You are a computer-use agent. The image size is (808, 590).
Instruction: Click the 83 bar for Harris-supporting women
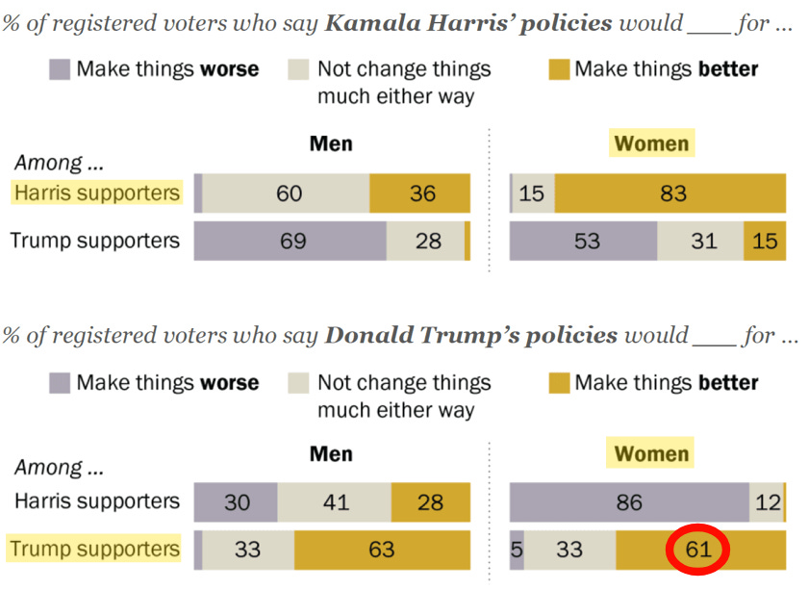tap(672, 193)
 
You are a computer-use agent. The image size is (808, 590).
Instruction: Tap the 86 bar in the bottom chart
tap(629, 502)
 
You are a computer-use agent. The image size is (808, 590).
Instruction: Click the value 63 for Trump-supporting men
tap(382, 551)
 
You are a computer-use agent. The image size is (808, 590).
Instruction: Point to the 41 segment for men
tap(335, 502)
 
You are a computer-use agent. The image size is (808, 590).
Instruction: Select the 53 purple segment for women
tap(586, 241)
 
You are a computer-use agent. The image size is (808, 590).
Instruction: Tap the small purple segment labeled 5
tap(517, 551)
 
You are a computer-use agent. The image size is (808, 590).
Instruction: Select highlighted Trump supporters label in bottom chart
tap(95, 550)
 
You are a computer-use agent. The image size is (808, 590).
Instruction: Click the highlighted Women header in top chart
tap(651, 144)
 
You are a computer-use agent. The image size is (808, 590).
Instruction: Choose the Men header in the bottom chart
tap(331, 453)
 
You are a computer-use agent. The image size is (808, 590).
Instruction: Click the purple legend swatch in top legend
tap(59, 69)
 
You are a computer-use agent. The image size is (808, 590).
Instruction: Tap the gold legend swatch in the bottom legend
tap(558, 383)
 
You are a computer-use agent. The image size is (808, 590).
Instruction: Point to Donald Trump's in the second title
tap(471, 336)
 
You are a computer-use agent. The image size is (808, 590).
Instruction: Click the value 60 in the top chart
tap(289, 193)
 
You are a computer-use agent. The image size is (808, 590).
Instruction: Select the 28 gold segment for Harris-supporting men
tap(430, 502)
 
